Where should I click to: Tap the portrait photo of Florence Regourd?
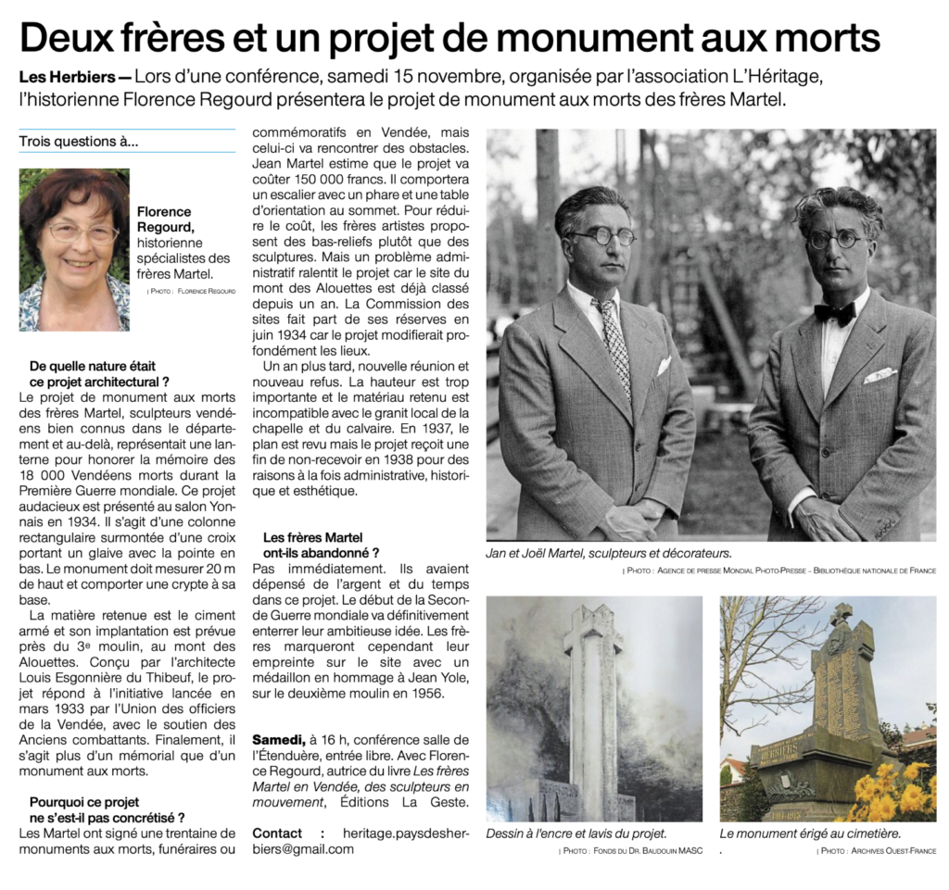click(x=74, y=249)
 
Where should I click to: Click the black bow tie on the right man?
click(x=834, y=313)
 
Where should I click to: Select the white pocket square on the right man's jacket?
click(x=879, y=375)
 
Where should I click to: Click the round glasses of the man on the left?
click(x=602, y=236)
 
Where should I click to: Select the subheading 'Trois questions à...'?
click(x=78, y=142)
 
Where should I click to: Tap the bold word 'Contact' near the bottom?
click(x=277, y=833)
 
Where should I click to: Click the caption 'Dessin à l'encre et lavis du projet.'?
click(x=576, y=834)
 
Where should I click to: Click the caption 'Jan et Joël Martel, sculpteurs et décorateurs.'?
click(x=609, y=553)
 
